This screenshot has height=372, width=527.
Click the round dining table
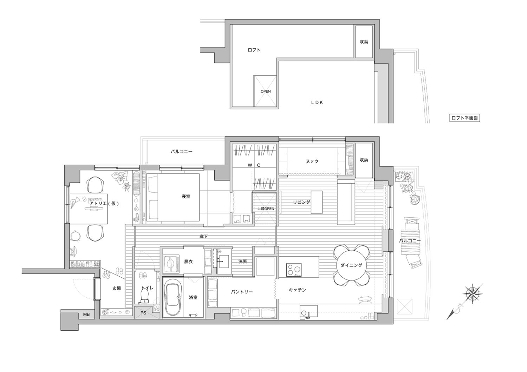[x=351, y=265]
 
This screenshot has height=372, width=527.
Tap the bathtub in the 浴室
[x=173, y=297]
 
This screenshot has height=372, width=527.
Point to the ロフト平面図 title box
[x=464, y=118]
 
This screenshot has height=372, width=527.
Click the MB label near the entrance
[x=86, y=314]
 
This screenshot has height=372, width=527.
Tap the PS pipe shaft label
[x=143, y=313]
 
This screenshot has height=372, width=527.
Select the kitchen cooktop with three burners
[x=294, y=270]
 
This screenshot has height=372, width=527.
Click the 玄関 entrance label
[x=116, y=288]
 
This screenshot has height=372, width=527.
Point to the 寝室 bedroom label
[x=186, y=196]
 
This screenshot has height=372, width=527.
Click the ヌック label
[x=312, y=161]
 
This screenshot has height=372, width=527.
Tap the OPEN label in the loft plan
[x=266, y=92]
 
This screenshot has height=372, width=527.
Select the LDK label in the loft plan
[x=317, y=102]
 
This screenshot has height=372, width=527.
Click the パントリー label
[x=242, y=292]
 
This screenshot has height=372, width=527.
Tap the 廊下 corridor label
[x=203, y=237]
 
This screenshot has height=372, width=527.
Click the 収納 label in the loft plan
[x=364, y=42]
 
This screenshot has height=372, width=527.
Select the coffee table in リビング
[x=317, y=202]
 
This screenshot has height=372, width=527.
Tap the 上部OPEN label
[x=266, y=209]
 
